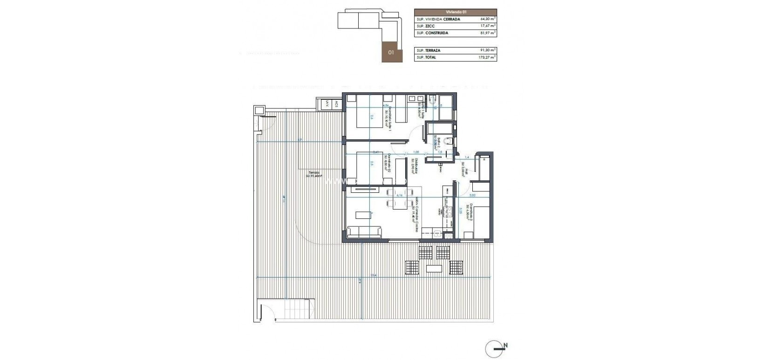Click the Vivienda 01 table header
[455, 12]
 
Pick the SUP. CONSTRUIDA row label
[432, 34]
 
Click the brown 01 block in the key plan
[391, 52]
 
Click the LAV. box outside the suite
[327, 105]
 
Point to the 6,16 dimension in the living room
[399, 196]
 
